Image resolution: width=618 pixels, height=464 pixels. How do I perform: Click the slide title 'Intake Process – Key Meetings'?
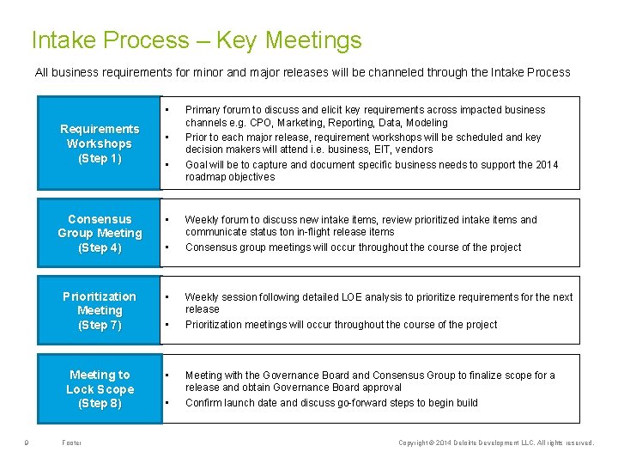tap(196, 40)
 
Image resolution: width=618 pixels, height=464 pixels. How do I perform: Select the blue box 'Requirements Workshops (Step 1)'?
tap(100, 143)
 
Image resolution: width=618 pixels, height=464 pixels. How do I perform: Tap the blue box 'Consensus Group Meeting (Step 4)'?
tap(100, 234)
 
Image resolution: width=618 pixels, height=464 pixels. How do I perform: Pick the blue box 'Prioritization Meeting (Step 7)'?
tap(100, 310)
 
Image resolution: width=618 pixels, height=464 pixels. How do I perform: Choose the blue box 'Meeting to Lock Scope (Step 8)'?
tap(100, 389)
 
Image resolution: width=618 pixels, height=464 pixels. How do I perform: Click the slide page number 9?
tap(28, 443)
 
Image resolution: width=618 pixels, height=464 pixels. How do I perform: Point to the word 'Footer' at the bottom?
tap(72, 443)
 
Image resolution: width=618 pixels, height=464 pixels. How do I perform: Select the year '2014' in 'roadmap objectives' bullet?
tap(546, 165)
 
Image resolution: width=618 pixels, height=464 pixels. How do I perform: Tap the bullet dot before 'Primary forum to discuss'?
tap(167, 108)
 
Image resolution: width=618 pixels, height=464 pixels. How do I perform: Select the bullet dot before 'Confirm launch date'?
tap(167, 403)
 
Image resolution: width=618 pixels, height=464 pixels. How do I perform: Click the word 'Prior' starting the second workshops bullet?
tap(197, 137)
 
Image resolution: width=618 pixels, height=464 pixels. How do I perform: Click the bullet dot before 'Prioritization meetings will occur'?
tap(167, 325)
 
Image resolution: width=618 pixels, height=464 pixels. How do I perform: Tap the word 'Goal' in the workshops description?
tap(197, 165)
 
